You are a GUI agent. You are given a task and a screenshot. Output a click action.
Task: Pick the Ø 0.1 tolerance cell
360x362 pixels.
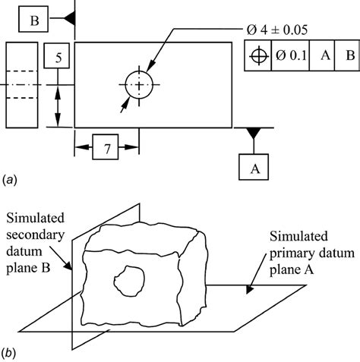click(x=292, y=57)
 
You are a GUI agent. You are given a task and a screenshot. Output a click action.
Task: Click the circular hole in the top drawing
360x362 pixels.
click(x=139, y=85)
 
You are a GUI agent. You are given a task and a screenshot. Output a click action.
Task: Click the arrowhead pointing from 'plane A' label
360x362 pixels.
click(x=248, y=289)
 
